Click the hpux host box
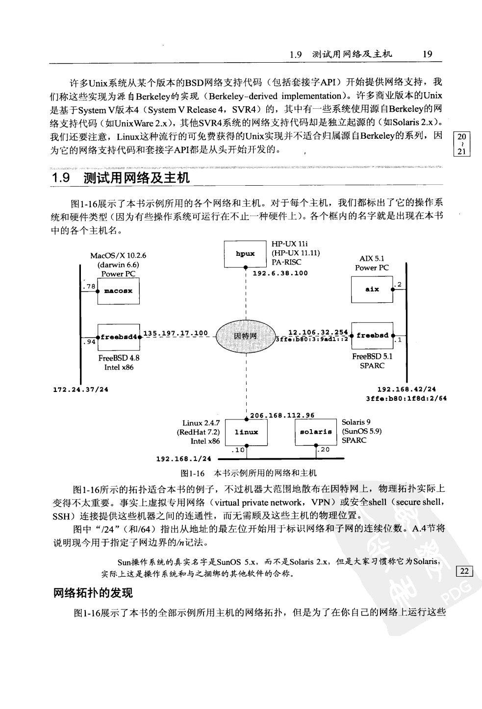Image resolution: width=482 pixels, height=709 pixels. point(245,254)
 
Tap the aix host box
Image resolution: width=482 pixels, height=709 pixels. point(372,290)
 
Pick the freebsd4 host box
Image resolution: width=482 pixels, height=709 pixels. point(119,337)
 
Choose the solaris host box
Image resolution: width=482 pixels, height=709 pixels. point(316,432)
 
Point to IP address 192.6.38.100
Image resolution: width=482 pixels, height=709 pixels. point(280,273)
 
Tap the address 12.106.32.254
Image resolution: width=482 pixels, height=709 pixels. point(318,332)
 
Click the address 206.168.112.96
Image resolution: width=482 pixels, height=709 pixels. point(282,416)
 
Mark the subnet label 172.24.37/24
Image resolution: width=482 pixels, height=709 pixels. point(80,390)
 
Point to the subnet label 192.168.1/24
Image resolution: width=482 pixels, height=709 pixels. point(183,459)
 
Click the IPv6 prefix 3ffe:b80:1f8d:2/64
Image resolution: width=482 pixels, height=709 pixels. point(406,398)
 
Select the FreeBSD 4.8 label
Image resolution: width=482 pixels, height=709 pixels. point(119,358)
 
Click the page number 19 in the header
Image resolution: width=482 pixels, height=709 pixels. point(427,54)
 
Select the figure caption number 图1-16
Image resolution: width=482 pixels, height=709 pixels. point(192,473)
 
